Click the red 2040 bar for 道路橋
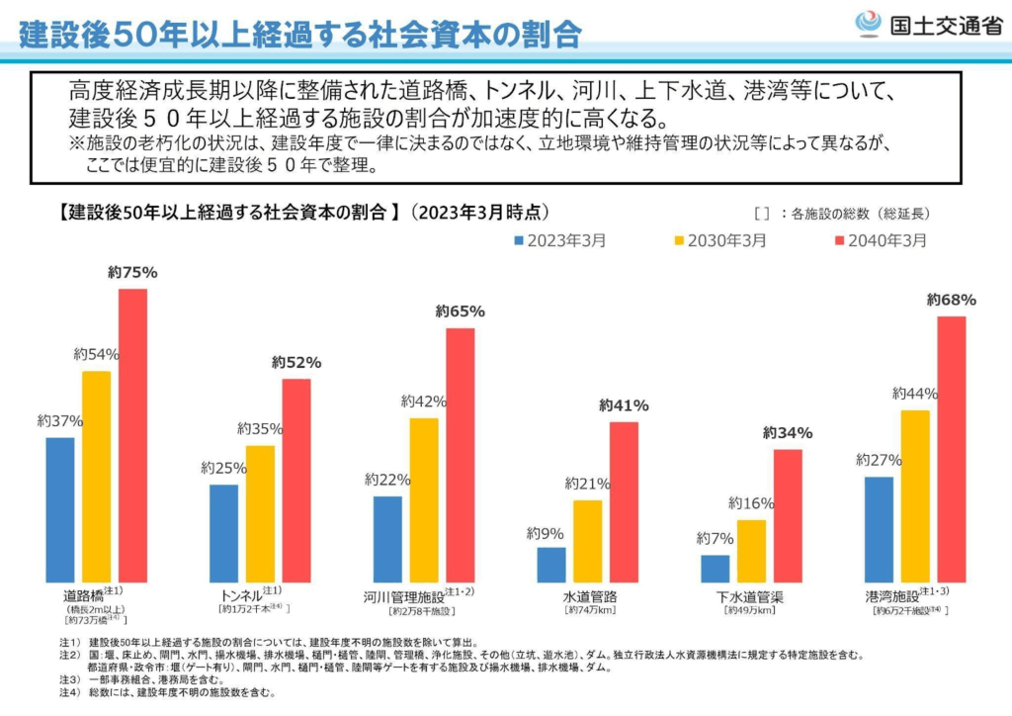coord(132,435)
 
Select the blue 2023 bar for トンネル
coord(223,533)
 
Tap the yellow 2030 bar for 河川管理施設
coord(424,499)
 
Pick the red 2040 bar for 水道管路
coord(624,501)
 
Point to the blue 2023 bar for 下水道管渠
coord(715,569)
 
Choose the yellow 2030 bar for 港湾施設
coord(915,495)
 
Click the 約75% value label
coord(133,273)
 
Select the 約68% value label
coord(952,300)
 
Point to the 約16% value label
coord(751,504)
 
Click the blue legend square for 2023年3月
coord(517,240)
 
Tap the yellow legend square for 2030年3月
coord(679,240)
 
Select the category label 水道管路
coord(590,596)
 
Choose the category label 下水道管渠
coord(750,596)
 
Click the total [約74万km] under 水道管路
coord(590,611)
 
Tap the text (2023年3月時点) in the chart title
coord(478,212)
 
